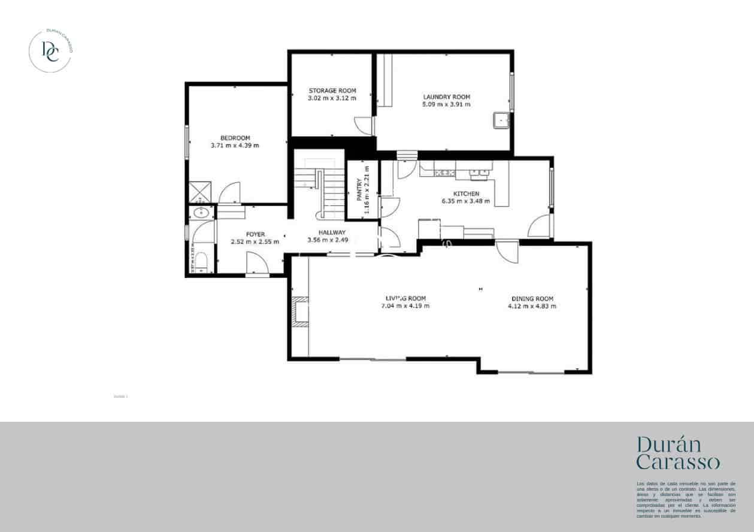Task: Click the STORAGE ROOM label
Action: click(332, 91)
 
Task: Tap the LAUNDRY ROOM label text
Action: click(446, 97)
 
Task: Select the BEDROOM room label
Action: click(235, 138)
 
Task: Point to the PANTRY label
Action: click(359, 189)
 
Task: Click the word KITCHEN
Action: click(465, 194)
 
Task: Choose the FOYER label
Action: click(255, 234)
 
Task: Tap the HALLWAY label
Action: click(332, 232)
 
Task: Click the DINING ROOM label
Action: click(532, 298)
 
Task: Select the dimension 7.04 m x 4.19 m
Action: click(405, 306)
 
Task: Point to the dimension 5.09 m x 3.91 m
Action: click(446, 104)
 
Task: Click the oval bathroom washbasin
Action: click(201, 212)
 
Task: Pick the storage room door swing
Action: click(363, 125)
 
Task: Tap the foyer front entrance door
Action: click(258, 264)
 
